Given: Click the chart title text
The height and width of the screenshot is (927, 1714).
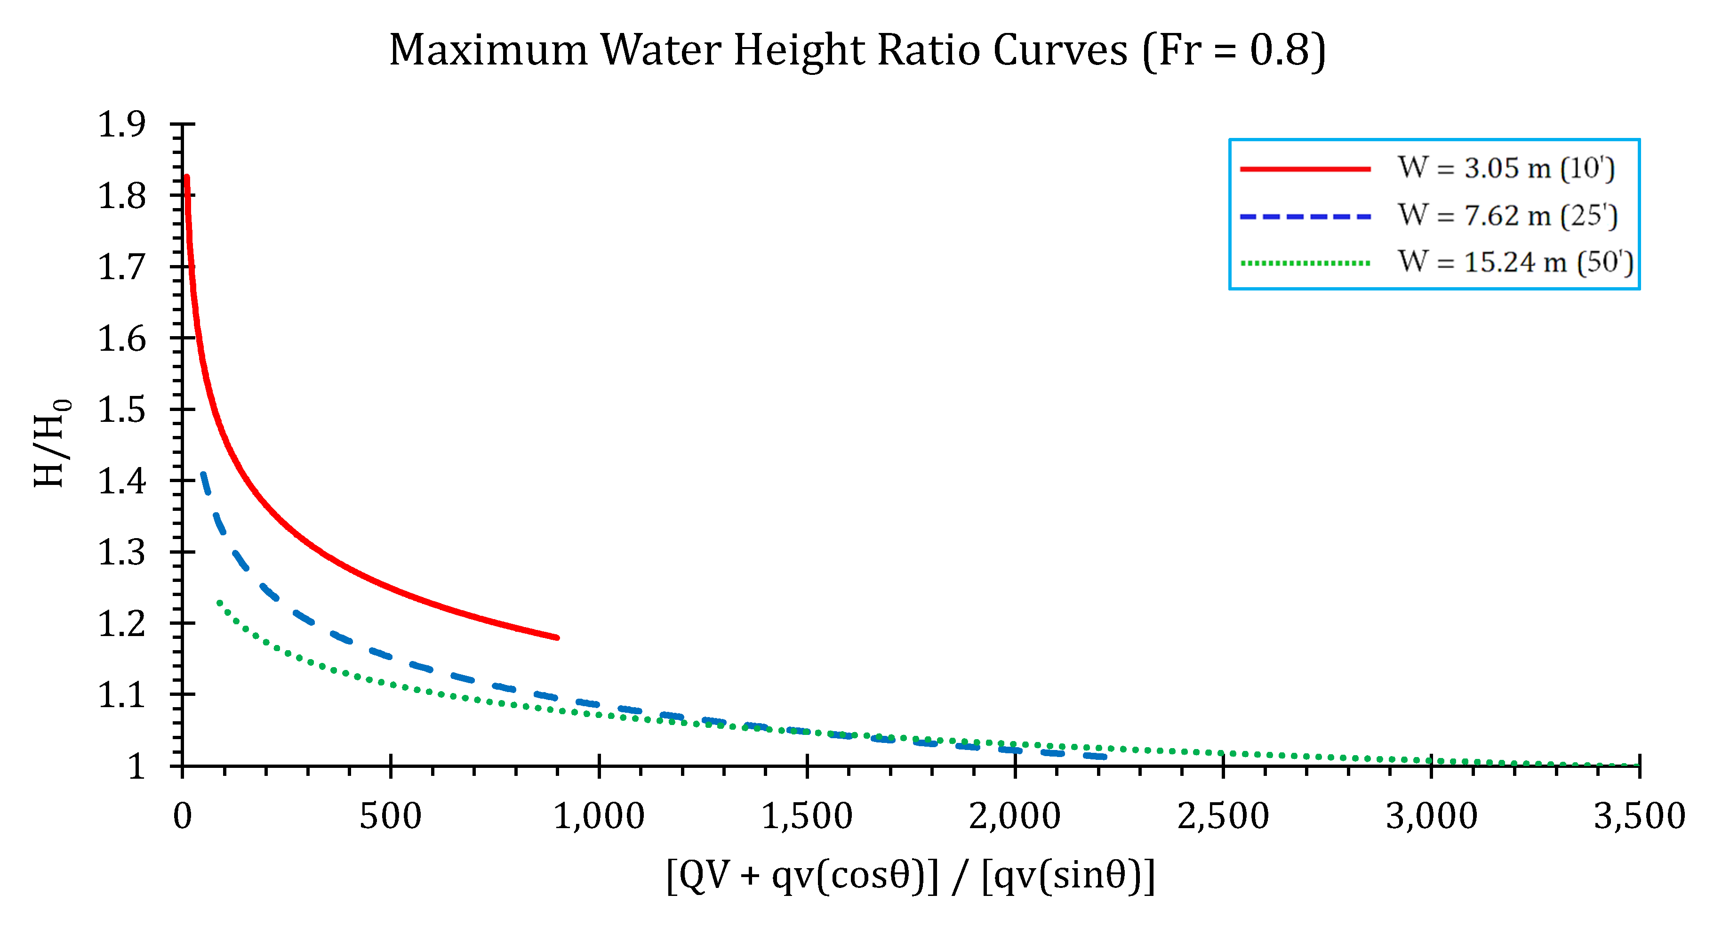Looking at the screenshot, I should (x=857, y=50).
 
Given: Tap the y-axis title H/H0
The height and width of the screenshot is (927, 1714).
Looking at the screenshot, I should (x=51, y=443).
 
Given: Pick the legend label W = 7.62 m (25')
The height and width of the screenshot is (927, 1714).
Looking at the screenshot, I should (x=1507, y=216).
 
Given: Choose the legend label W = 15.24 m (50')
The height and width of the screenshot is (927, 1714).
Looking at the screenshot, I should (x=1515, y=262).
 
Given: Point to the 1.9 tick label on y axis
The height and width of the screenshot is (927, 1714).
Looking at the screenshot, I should (x=122, y=124).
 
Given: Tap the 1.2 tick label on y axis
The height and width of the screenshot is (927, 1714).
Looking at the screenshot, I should (x=122, y=623).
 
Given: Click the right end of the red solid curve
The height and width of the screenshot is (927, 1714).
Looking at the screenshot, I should (x=557, y=637).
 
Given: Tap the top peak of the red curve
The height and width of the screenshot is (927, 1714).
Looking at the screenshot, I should (x=187, y=177).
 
